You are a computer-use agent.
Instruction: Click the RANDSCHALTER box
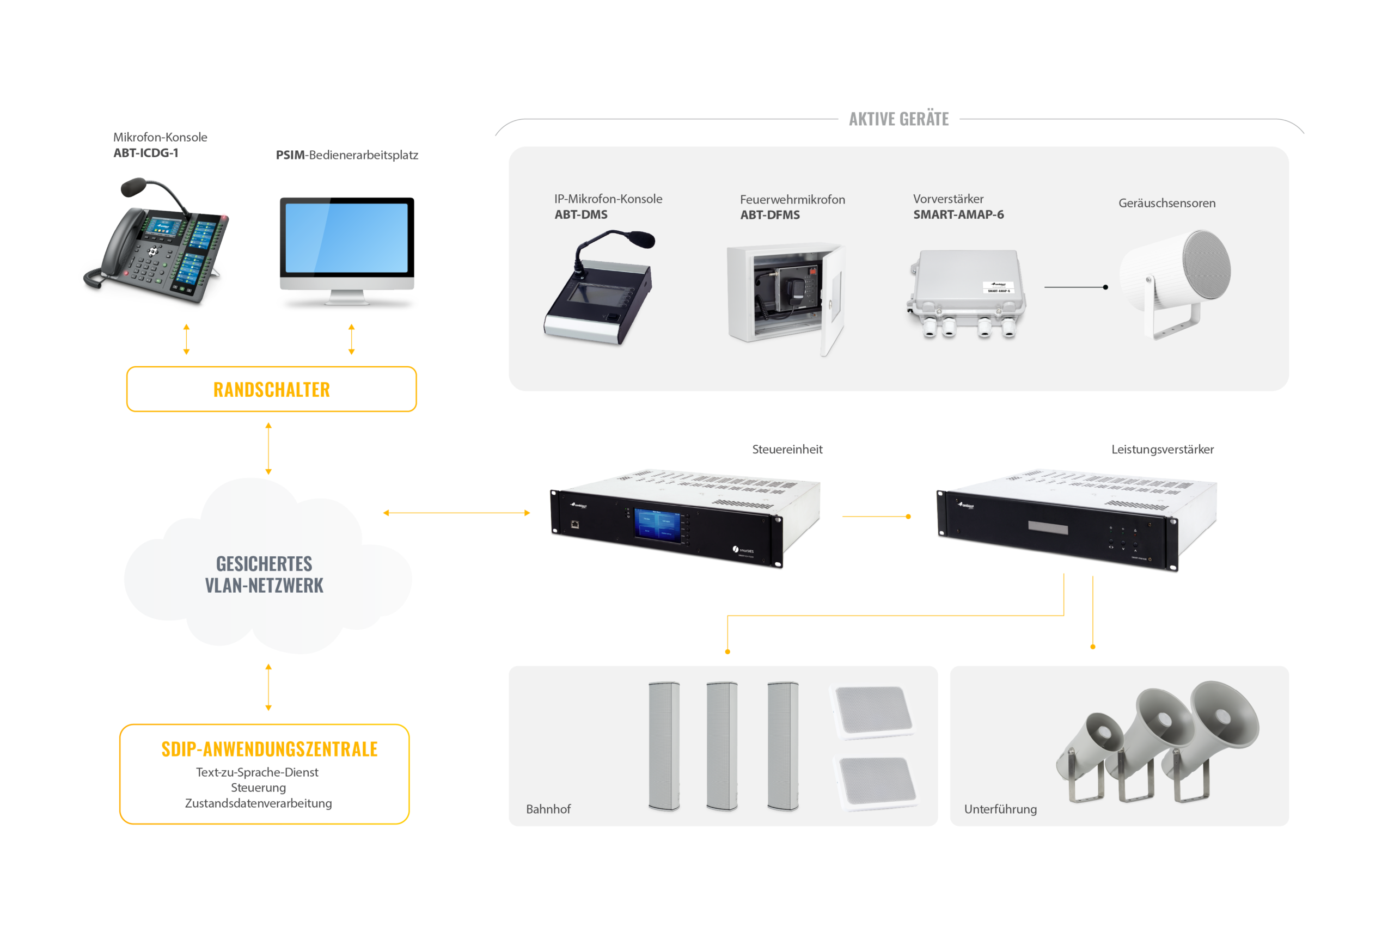271,389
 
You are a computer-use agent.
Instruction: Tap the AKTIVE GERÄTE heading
898,119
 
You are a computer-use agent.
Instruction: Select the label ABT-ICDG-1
145,153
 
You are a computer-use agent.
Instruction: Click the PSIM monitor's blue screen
346,237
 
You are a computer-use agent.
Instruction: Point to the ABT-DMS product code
580,215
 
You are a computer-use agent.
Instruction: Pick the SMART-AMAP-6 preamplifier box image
966,290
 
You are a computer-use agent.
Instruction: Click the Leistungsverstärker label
1162,449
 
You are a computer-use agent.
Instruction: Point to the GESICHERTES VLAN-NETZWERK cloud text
264,574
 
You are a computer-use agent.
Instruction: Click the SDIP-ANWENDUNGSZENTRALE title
270,749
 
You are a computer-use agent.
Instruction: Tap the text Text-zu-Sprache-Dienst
257,772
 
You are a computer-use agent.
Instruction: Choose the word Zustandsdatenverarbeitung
258,803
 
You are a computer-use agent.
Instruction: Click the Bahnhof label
548,809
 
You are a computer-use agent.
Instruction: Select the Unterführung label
1000,809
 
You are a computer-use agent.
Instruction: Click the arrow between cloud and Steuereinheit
456,513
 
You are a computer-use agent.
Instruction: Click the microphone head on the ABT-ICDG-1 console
134,187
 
